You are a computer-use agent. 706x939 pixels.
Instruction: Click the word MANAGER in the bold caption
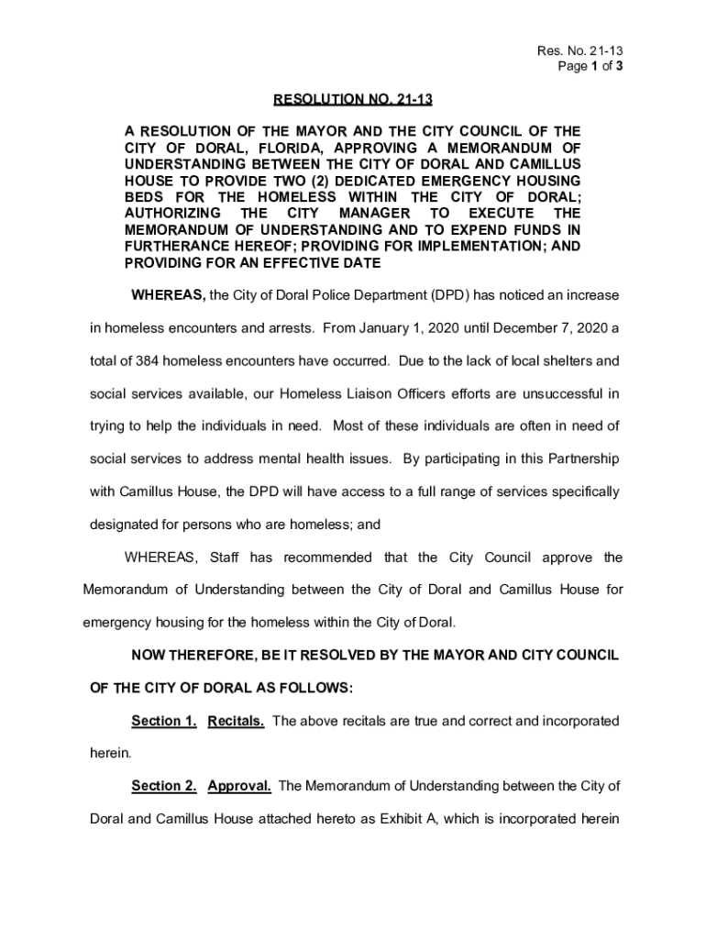[x=374, y=214]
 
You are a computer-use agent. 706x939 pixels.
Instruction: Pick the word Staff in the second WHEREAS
[x=225, y=558]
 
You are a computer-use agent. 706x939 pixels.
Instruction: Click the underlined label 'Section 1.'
[x=164, y=721]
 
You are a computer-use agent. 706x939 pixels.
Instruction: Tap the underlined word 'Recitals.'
[x=237, y=721]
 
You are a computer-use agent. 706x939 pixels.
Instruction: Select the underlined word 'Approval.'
[x=239, y=786]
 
